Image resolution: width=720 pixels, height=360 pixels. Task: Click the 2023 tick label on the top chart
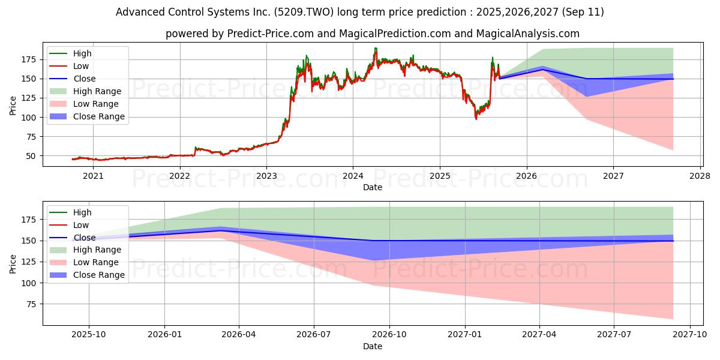click(x=266, y=176)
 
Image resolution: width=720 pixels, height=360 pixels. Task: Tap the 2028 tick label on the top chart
click(x=700, y=176)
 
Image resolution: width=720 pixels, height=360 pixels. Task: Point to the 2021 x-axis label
click(x=93, y=176)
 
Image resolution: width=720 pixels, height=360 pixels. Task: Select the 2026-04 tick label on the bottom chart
click(x=239, y=335)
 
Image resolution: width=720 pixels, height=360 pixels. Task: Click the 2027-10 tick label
click(x=690, y=335)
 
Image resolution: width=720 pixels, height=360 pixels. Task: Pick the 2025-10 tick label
click(x=89, y=335)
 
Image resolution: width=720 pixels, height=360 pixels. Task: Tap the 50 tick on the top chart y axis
click(x=31, y=156)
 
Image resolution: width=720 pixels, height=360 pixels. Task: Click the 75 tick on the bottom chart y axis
click(x=31, y=304)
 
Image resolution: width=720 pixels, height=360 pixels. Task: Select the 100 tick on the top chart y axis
click(x=28, y=118)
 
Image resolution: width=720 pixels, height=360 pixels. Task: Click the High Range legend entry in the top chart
click(x=86, y=91)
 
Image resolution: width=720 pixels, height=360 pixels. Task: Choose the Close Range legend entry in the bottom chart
click(x=88, y=275)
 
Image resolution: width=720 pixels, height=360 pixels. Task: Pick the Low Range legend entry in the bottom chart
click(x=84, y=262)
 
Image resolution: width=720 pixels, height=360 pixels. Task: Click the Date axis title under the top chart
click(x=373, y=187)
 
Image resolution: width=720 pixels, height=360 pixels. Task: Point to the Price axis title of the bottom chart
click(x=13, y=264)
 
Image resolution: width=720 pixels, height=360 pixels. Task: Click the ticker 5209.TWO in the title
click(x=304, y=12)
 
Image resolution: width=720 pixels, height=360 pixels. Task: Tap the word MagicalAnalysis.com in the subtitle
click(x=528, y=34)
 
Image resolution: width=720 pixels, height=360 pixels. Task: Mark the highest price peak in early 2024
click(x=375, y=49)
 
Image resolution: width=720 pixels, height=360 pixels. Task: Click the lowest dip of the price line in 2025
click(x=476, y=119)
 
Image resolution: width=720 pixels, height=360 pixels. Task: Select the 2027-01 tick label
click(x=465, y=335)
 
